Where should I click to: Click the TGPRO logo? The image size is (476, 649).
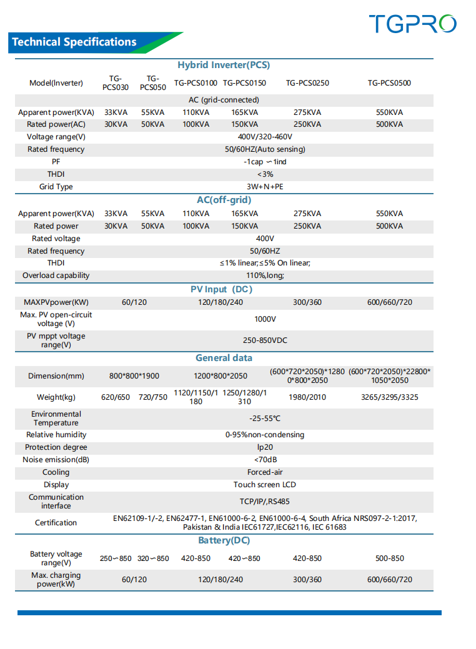(412, 24)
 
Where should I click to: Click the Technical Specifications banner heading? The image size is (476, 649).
(74, 42)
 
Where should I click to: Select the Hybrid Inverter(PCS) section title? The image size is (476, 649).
(224, 65)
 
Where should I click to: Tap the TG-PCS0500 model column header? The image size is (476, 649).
(389, 82)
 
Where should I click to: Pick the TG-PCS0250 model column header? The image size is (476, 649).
(307, 82)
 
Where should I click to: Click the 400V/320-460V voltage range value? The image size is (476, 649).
(265, 137)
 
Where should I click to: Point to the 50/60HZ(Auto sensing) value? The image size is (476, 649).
(265, 149)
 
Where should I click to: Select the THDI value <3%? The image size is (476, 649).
(265, 174)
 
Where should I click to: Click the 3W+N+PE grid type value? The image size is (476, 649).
(265, 187)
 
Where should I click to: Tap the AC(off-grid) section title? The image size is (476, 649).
(224, 200)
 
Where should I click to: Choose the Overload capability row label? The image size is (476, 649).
(56, 275)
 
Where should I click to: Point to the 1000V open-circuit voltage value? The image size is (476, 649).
(265, 319)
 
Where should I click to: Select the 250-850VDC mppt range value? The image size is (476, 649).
(265, 340)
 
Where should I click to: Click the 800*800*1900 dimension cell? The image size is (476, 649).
(134, 376)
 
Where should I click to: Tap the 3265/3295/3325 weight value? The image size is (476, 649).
(389, 397)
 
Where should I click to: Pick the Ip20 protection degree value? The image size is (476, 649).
(265, 447)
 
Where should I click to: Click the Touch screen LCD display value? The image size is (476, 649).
(265, 485)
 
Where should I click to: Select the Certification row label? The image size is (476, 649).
(56, 523)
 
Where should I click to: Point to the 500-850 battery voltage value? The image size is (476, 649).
(389, 558)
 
